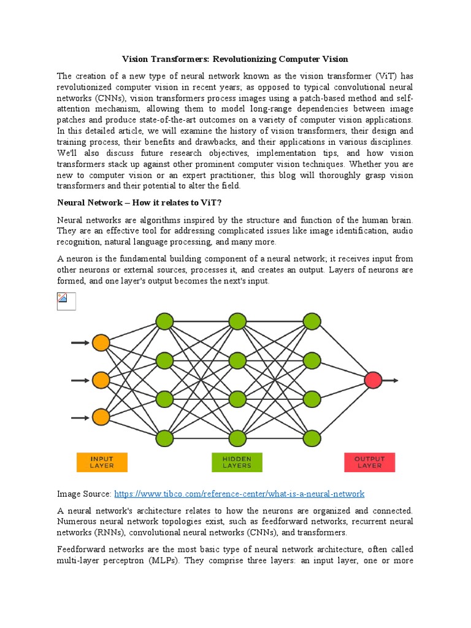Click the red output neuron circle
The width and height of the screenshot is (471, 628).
(x=373, y=380)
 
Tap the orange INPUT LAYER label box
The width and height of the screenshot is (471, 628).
(x=102, y=462)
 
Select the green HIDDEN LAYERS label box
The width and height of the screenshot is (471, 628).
(x=237, y=462)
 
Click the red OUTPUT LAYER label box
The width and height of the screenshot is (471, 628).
(x=369, y=462)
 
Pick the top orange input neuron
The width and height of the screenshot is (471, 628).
(x=101, y=343)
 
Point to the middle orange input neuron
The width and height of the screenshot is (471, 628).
(x=101, y=380)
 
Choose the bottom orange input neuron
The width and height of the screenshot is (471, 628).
(x=101, y=418)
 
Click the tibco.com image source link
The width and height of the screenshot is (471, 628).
(x=239, y=494)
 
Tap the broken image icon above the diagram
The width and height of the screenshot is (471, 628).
(x=66, y=301)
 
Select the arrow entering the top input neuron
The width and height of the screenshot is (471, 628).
(x=80, y=343)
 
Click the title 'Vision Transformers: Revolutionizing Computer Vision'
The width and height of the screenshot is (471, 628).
(x=235, y=59)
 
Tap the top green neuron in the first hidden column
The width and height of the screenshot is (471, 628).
(x=164, y=321)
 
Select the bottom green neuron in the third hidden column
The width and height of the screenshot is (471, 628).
(x=312, y=438)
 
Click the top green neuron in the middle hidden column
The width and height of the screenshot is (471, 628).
(x=238, y=321)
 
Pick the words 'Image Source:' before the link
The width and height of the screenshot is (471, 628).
(x=84, y=494)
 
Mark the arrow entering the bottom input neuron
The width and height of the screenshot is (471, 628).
(x=80, y=418)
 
